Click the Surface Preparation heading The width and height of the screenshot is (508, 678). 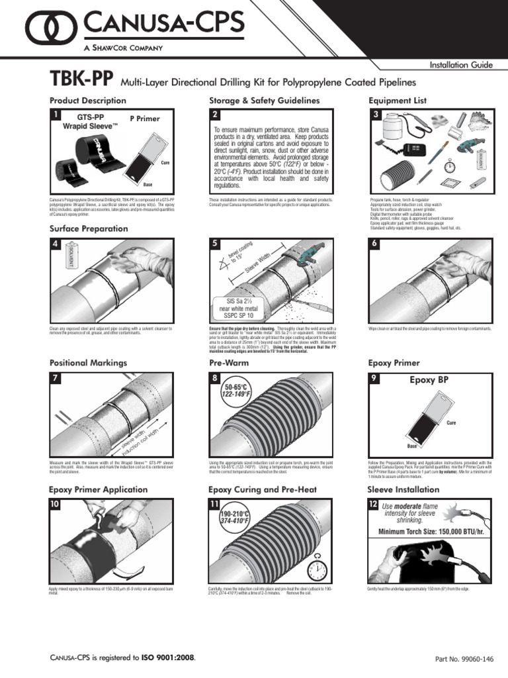pos(89,228)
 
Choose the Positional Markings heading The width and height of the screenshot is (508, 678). pos(89,363)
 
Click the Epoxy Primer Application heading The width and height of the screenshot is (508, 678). pos(99,489)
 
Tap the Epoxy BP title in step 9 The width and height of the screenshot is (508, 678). pos(429,381)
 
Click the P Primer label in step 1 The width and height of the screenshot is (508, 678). pos(145,119)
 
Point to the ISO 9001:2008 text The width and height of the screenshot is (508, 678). pos(167,657)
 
